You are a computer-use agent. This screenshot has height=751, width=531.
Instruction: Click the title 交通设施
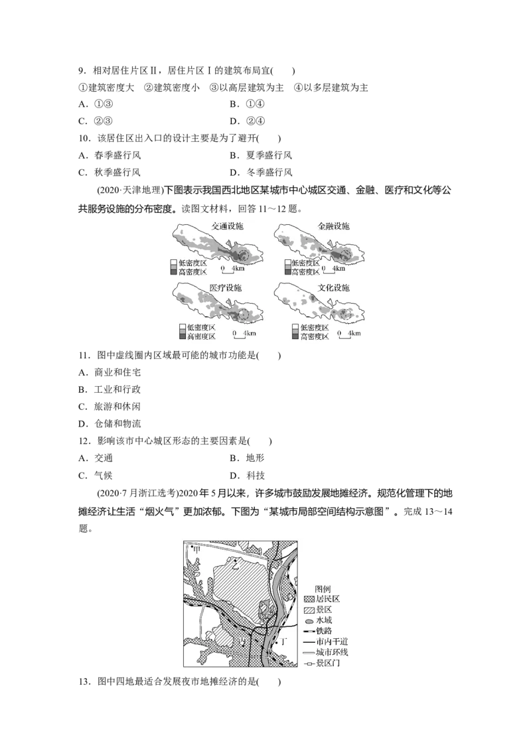(x=227, y=226)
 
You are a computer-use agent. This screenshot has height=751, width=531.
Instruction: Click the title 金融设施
(x=333, y=226)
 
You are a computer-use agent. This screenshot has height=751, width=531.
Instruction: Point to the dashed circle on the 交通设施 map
(x=245, y=254)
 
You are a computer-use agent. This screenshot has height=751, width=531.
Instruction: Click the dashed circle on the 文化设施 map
(x=347, y=314)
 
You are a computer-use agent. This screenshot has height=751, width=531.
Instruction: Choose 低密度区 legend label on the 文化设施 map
(x=314, y=328)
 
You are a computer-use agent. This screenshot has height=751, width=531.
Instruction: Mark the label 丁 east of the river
(x=285, y=642)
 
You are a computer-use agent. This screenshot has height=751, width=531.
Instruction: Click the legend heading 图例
(x=323, y=588)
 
